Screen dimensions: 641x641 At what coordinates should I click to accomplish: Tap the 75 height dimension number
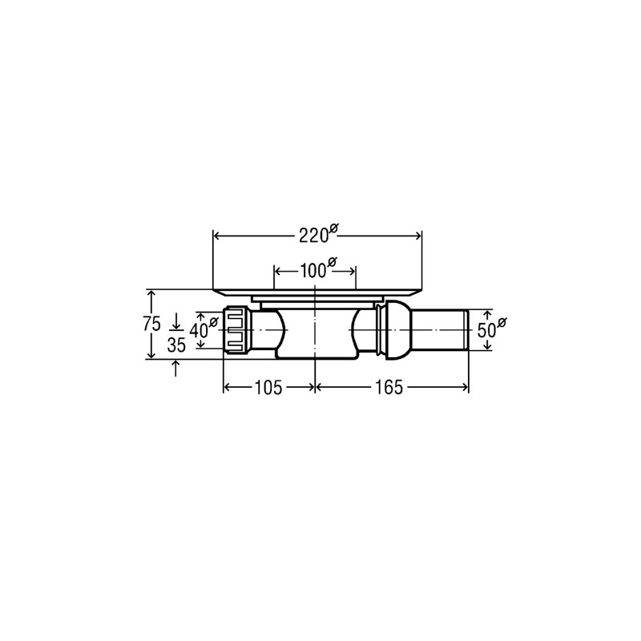tap(151, 325)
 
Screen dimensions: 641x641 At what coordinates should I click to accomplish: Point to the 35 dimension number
tap(176, 345)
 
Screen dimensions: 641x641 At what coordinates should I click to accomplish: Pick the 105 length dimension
tap(268, 388)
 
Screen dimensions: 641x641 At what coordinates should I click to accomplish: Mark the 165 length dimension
tap(389, 388)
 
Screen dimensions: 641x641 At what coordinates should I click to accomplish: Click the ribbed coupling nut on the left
tap(236, 330)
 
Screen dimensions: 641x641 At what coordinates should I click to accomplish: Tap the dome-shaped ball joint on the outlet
tap(397, 330)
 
